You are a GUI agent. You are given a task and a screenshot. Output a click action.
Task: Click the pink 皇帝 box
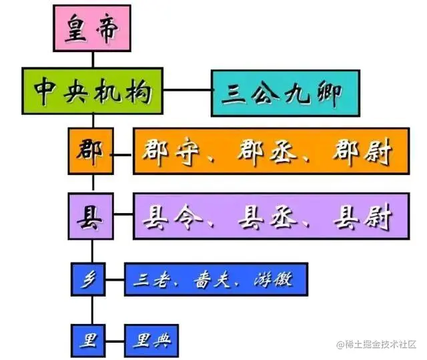[92, 28]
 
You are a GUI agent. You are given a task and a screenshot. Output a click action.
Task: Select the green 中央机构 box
[92, 90]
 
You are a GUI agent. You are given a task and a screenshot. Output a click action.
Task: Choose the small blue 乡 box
[89, 279]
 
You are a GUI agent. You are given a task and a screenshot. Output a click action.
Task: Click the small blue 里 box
[89, 340]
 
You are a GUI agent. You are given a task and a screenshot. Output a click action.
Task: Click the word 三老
[153, 279]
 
